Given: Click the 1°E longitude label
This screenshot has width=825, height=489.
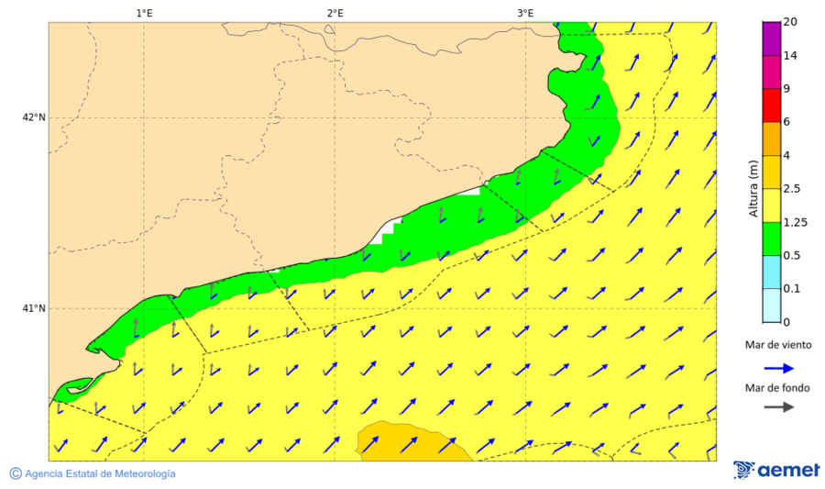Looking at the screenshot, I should [144, 14].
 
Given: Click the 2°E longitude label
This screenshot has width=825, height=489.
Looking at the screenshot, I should [335, 14].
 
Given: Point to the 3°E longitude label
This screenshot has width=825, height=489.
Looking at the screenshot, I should [525, 14].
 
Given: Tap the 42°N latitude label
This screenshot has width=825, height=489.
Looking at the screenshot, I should [34, 117].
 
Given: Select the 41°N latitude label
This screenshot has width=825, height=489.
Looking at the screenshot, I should [34, 308].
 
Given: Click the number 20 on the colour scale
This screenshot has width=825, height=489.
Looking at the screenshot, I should [790, 22].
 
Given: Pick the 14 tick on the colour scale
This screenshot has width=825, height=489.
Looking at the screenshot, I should [790, 56].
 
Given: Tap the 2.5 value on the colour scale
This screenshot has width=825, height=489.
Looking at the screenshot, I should [792, 188].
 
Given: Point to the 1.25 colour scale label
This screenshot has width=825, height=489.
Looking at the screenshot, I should [795, 222].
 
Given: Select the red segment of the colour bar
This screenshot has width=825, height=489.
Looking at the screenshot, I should [771, 105].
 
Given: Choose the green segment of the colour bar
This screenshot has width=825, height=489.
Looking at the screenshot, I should [771, 239].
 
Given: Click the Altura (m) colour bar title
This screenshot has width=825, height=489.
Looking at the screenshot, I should [753, 188].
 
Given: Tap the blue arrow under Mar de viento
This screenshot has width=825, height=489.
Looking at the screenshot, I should [775, 367].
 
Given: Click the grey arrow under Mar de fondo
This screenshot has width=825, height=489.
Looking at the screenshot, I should [775, 407].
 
